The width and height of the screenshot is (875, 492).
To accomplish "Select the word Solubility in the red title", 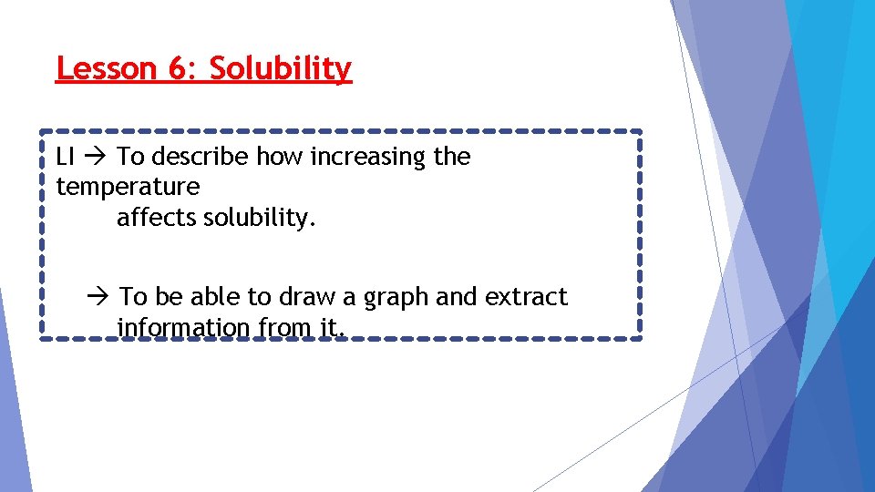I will pyautogui.click(x=281, y=68).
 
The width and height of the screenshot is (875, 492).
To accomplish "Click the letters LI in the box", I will pyautogui.click(x=65, y=157).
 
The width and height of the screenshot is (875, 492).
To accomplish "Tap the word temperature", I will pyautogui.click(x=128, y=188).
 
